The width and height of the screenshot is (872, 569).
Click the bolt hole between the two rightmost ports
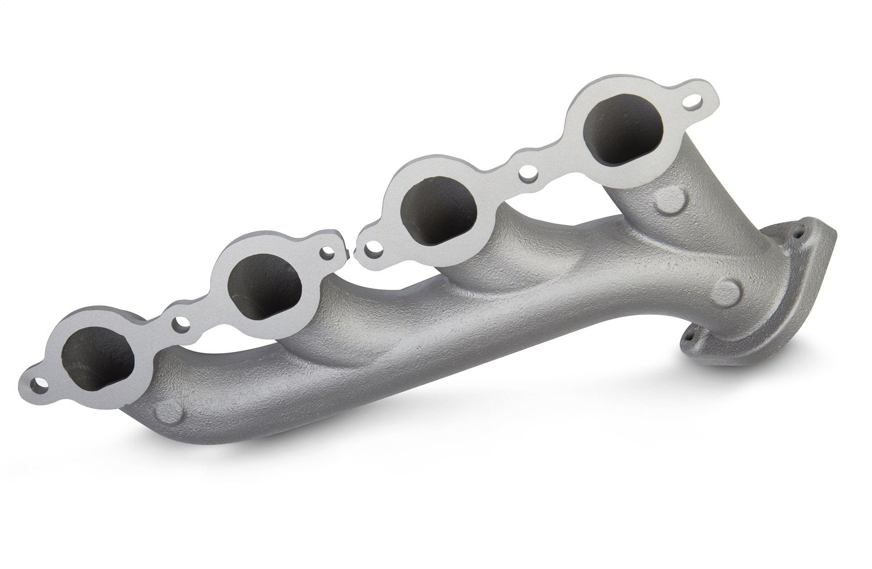tap(528, 172)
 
